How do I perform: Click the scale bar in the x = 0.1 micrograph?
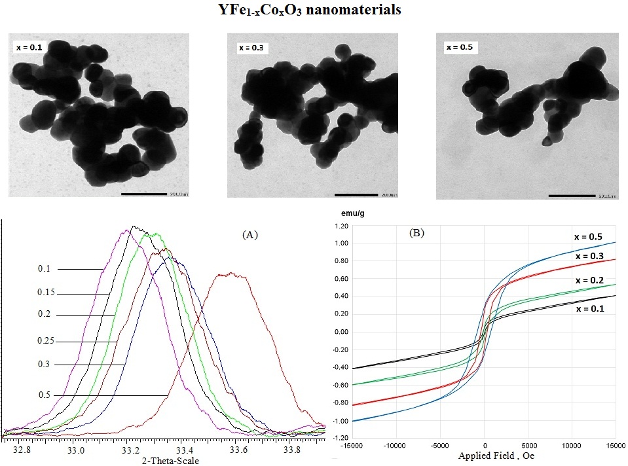pyautogui.click(x=145, y=194)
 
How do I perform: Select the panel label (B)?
pyautogui.click(x=416, y=232)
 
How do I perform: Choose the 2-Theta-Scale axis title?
pyautogui.click(x=170, y=460)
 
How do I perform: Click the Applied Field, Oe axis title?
pyautogui.click(x=496, y=456)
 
